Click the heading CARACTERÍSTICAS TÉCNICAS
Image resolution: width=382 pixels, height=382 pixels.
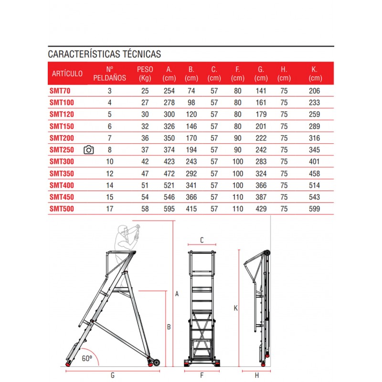tap(105, 54)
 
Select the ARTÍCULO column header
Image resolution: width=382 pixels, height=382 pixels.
tap(67, 74)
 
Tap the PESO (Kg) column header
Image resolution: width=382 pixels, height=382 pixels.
tap(145, 74)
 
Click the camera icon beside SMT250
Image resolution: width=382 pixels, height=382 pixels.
tap(89, 150)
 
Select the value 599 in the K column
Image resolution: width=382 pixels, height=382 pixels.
tap(314, 209)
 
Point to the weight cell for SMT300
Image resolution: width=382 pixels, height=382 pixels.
tap(145, 162)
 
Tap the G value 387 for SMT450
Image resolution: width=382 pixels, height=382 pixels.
tap(261, 197)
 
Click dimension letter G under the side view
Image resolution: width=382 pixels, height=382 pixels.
tap(112, 375)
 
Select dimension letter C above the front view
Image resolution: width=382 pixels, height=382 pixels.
tap(202, 240)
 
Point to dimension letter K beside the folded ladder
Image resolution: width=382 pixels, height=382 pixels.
tap(235, 308)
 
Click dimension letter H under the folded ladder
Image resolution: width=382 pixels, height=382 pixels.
tap(256, 375)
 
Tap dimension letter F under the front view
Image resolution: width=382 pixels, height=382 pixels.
tap(202, 375)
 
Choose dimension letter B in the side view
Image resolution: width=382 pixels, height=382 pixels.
tap(169, 328)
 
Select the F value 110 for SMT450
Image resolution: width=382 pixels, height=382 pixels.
tap(237, 197)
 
